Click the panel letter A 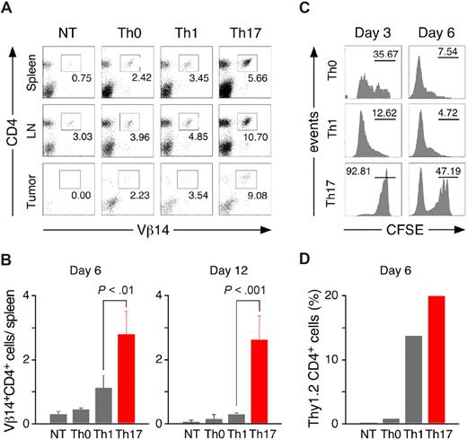(x=8, y=8)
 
